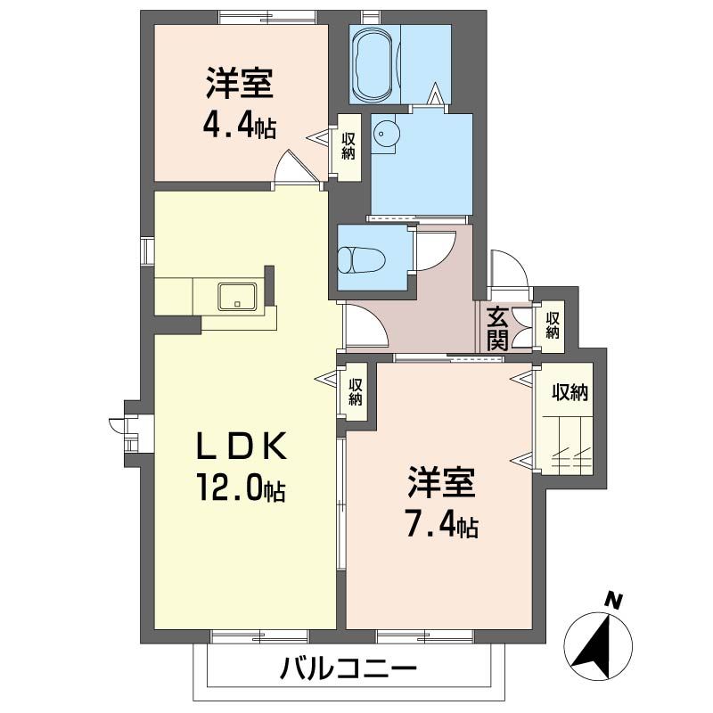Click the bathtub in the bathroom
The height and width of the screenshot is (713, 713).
[x=374, y=65]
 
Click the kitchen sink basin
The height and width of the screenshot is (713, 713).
[x=237, y=295]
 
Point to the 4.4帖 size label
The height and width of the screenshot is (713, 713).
[x=238, y=124]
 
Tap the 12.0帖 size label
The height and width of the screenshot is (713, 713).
[x=241, y=488]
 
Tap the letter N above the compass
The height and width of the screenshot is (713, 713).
[x=612, y=601]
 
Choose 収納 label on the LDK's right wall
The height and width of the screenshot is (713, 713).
[x=356, y=391]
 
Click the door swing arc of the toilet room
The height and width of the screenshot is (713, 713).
[x=430, y=250]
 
